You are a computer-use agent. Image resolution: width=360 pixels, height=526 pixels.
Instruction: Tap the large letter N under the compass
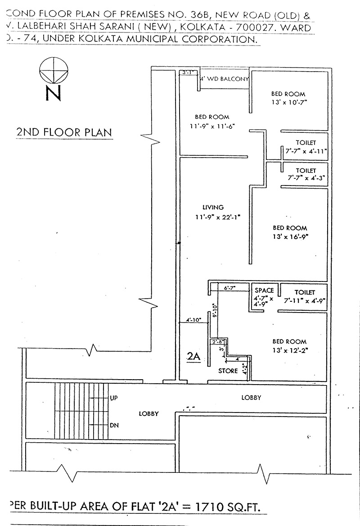(53, 94)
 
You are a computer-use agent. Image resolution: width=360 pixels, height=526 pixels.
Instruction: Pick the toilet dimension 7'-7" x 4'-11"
(306, 151)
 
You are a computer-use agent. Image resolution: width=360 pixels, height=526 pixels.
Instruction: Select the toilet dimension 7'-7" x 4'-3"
(306, 178)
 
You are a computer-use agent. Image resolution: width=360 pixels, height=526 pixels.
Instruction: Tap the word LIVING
(213, 208)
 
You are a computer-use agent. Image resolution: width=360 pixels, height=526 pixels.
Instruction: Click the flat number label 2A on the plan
(193, 356)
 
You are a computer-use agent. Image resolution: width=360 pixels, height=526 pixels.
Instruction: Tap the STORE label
(228, 371)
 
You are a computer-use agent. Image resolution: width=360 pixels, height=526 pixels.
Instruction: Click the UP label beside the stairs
(114, 398)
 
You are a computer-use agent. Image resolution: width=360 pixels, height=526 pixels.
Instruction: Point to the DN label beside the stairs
(114, 425)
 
